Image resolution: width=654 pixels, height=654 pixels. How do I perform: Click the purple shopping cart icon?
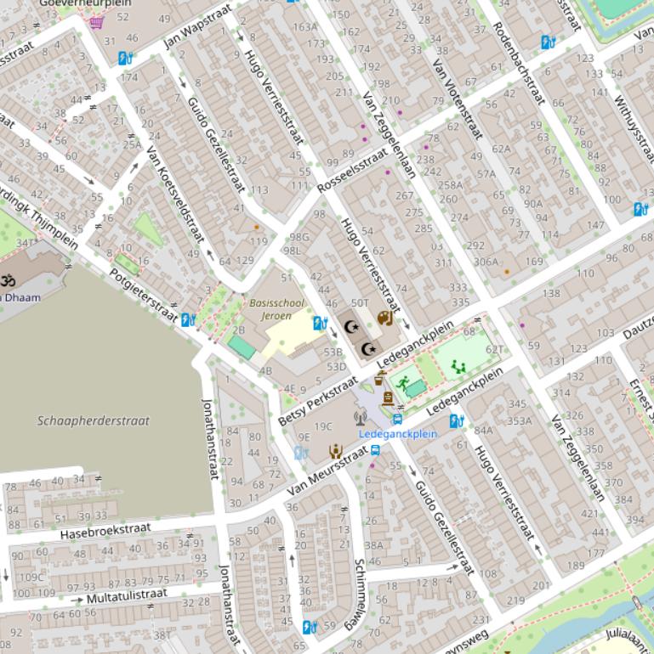96,21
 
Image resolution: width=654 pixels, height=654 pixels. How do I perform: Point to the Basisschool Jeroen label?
270,309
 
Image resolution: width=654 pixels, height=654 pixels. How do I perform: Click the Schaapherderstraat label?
94,420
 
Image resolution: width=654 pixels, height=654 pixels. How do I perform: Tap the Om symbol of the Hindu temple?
8,279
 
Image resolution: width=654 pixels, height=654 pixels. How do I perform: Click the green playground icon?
458,367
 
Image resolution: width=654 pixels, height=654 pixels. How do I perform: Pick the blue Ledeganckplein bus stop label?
397,433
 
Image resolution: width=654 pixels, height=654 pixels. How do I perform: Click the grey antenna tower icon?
361,417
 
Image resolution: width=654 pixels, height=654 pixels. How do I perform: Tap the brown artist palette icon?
384,319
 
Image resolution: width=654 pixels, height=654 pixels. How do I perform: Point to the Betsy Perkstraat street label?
318,400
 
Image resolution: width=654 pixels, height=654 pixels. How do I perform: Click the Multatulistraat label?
127,595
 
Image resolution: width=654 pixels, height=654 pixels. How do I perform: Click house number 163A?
304,27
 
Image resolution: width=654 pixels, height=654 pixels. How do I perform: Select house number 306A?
486,262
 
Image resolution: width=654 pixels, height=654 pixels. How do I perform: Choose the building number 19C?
323,426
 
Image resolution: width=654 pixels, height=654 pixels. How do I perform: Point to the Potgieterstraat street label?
145,294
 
